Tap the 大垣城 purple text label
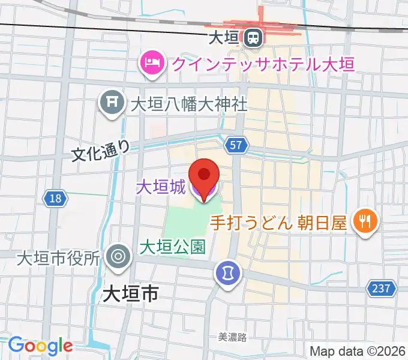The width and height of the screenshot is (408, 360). (160, 187)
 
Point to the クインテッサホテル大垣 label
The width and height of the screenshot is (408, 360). (262, 62)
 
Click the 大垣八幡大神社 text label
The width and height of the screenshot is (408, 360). (189, 104)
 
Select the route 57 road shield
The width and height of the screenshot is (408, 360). (236, 144)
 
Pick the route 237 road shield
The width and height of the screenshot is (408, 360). (382, 289)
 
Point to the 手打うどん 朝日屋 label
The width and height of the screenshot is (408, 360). (278, 223)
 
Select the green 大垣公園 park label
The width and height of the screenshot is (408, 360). (173, 246)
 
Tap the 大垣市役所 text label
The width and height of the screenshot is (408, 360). (58, 259)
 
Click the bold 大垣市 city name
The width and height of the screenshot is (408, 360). (130, 293)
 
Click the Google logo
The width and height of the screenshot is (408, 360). (40, 346)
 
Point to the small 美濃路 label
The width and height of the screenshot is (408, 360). (232, 338)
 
